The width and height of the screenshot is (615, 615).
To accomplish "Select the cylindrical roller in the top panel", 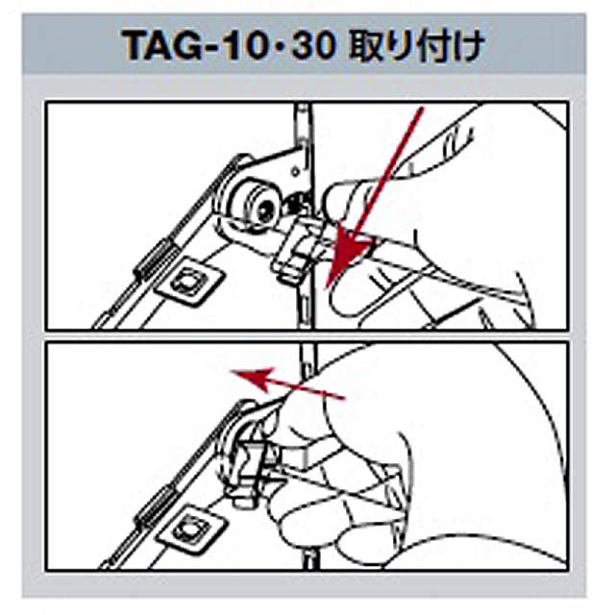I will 252,200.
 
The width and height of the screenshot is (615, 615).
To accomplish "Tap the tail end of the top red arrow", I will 420,112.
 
